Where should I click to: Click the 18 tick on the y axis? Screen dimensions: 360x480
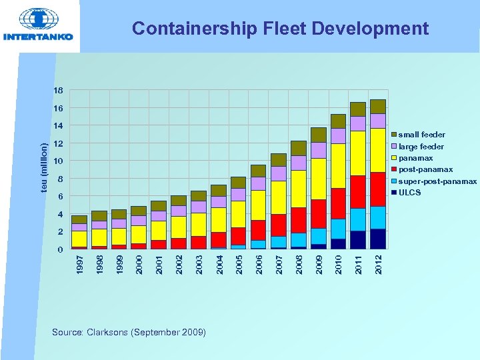59,91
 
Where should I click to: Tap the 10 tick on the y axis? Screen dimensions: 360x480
59,161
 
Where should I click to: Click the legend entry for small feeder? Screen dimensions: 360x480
421,135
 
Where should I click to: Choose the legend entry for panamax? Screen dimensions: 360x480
415,159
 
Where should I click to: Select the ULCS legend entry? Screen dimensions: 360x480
409,193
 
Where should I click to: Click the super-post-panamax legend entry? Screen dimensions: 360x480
437,182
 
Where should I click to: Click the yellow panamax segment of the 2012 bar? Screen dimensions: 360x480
378,150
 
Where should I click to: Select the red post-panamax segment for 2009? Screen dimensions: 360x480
319,213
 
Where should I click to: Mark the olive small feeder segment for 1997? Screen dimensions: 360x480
79,219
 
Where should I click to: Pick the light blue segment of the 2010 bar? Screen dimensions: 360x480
339,229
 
